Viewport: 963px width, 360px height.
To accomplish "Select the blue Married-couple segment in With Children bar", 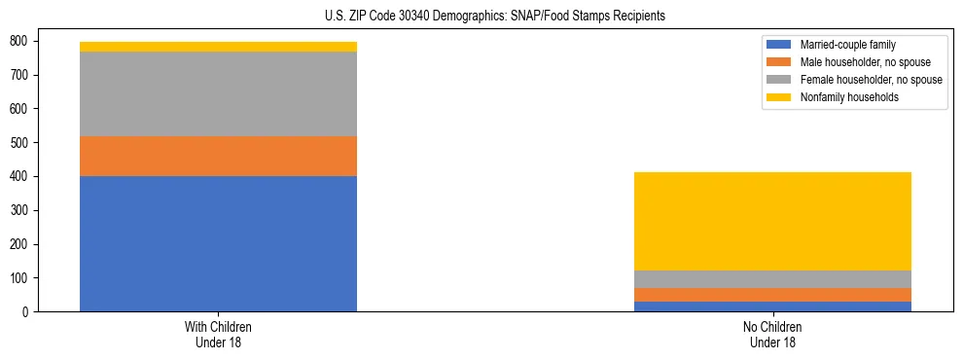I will (218, 243).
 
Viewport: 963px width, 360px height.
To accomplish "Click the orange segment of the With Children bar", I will (218, 156).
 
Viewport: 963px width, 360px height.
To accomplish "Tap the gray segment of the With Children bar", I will (218, 93).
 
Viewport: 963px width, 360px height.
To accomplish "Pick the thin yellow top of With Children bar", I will (218, 47).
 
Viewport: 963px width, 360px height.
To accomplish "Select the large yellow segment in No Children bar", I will (772, 221).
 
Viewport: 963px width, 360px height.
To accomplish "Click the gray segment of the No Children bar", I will (772, 279).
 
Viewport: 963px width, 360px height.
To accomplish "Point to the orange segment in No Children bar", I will (772, 295).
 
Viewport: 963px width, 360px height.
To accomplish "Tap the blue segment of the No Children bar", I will (772, 306).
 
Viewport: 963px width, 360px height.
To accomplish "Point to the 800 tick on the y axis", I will (18, 41).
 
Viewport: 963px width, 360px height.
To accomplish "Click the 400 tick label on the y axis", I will (18, 176).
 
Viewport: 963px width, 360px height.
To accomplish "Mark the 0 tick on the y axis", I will (24, 311).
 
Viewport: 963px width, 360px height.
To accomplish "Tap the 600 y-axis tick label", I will (18, 109).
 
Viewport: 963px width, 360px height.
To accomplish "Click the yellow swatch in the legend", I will (780, 97).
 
